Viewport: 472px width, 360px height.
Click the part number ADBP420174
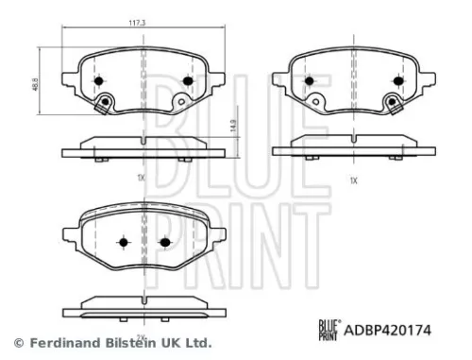[393, 330]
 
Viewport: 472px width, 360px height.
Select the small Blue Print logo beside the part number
[328, 330]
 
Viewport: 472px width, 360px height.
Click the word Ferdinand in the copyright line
[59, 342]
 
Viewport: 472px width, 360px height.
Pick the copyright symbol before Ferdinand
[16, 342]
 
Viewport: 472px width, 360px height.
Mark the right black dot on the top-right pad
[396, 82]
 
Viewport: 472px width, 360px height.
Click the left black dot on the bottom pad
[123, 242]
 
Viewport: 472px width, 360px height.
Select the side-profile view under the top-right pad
[354, 147]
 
